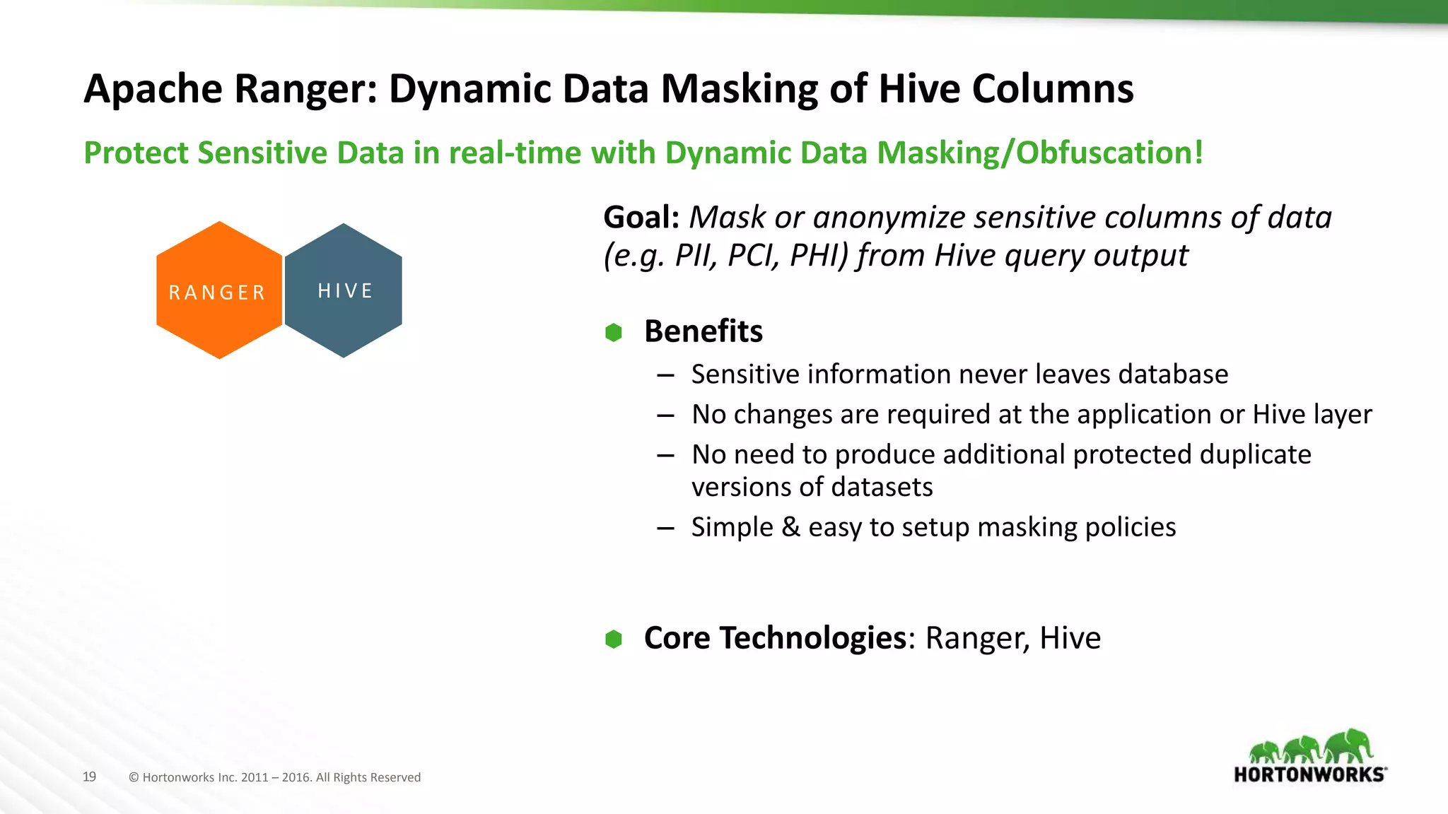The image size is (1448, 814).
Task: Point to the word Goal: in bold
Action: pyautogui.click(x=641, y=218)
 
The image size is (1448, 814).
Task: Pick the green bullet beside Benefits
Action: pyautogui.click(x=614, y=332)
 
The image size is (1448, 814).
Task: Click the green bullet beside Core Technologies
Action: pyautogui.click(x=614, y=639)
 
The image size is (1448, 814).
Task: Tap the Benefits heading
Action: pyautogui.click(x=703, y=331)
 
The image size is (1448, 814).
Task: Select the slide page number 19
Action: pyautogui.click(x=89, y=777)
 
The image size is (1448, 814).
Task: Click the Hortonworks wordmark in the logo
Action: pyautogui.click(x=1309, y=774)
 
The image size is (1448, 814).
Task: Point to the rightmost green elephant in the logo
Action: pyautogui.click(x=1350, y=745)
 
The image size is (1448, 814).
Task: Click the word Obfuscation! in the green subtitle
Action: pyautogui.click(x=1109, y=153)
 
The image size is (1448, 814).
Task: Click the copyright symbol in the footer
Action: pyautogui.click(x=134, y=777)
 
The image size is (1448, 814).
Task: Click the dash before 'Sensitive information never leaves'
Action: pyautogui.click(x=665, y=375)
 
